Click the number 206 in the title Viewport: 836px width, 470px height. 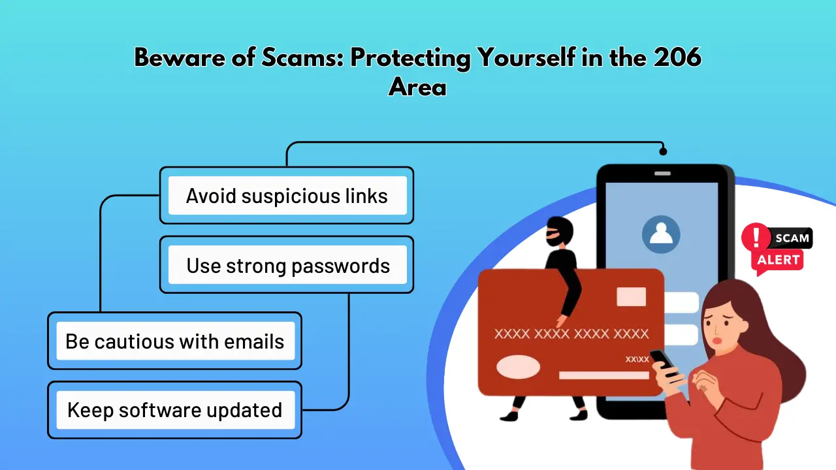pos(677,57)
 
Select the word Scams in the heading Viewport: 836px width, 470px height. pos(302,57)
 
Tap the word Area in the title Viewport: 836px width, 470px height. pos(417,87)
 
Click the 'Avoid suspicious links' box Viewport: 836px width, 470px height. pos(287,195)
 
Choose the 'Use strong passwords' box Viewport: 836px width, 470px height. pos(287,265)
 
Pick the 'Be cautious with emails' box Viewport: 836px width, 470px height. pos(174,341)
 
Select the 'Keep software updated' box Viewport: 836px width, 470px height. pos(174,410)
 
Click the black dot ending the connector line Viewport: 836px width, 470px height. pos(663,151)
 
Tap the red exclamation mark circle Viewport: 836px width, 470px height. pos(756,237)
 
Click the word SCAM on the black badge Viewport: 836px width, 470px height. pos(792,238)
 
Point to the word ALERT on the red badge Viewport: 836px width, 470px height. pos(778,260)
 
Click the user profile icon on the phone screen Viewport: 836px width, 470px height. pos(661,234)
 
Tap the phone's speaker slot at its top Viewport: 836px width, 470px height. pos(662,174)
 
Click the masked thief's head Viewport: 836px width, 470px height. pos(559,232)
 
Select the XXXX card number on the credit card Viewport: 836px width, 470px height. pos(571,334)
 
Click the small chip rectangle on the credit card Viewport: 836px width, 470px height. pos(631,296)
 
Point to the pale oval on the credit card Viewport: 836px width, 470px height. pos(518,367)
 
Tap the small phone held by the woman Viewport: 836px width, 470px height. pos(663,362)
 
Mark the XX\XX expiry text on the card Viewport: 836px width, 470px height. pos(637,359)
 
